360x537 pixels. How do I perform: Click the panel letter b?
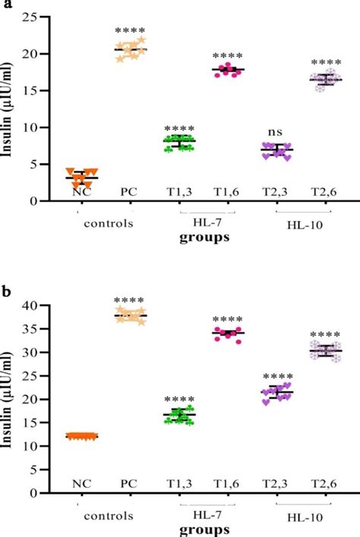point(6,290)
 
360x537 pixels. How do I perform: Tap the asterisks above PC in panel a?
point(131,31)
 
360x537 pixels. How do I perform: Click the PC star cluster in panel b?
point(131,316)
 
